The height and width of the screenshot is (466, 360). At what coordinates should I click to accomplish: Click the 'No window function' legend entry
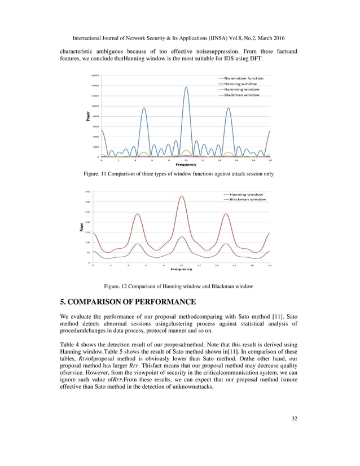pyautogui.click(x=243, y=78)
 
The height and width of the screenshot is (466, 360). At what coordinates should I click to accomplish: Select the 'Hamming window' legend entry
pyautogui.click(x=242, y=89)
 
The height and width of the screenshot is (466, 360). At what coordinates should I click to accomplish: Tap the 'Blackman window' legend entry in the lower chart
pyautogui.click(x=245, y=199)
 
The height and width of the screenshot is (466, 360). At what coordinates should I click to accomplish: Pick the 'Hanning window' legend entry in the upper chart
pyautogui.click(x=240, y=83)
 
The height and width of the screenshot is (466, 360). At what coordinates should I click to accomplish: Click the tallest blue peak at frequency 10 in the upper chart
pyautogui.click(x=186, y=87)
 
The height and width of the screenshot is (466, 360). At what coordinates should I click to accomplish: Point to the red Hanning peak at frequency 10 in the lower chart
pyautogui.click(x=182, y=196)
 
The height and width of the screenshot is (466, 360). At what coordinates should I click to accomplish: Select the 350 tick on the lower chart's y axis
pyautogui.click(x=87, y=192)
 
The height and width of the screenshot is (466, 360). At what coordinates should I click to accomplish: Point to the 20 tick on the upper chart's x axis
pyautogui.click(x=270, y=160)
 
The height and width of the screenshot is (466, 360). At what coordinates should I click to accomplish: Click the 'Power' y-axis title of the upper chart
pyautogui.click(x=88, y=116)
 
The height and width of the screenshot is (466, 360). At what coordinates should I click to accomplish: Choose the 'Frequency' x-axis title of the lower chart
pyautogui.click(x=182, y=269)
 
